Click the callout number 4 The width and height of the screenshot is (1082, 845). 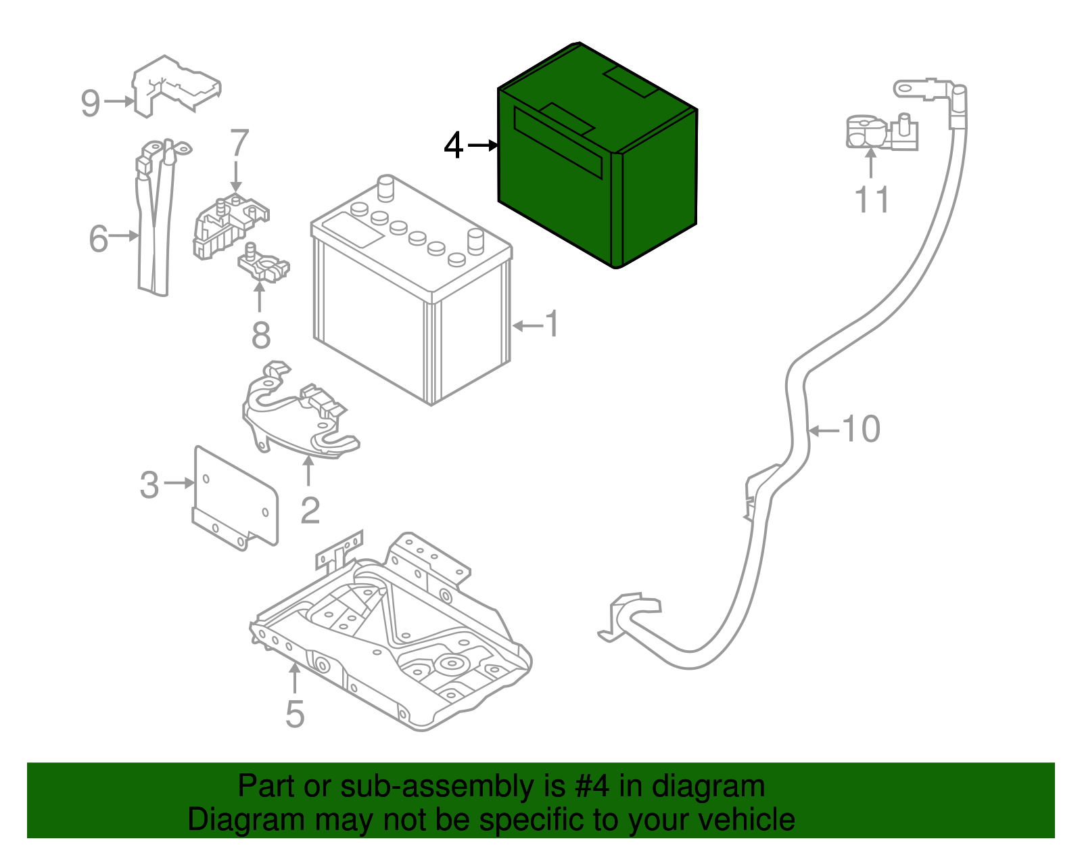click(454, 145)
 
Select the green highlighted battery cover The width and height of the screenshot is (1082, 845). click(595, 162)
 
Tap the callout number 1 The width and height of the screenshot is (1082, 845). click(553, 324)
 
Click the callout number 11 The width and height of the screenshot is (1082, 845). click(872, 200)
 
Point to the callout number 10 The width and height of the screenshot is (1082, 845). click(861, 429)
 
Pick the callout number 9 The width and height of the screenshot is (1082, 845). click(90, 104)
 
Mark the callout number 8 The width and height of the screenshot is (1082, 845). click(261, 336)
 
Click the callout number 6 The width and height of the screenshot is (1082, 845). click(99, 238)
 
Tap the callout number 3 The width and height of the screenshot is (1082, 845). click(149, 485)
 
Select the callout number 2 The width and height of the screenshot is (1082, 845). click(310, 510)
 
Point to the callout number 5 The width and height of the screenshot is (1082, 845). click(295, 714)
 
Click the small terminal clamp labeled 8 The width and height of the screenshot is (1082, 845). click(264, 265)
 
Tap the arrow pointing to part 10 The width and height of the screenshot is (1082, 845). click(824, 430)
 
